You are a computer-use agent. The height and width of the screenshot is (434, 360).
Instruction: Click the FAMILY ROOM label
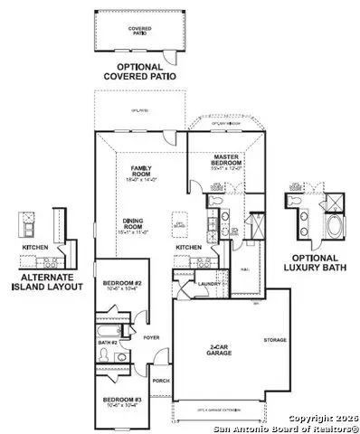140,170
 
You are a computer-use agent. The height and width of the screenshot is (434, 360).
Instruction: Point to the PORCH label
161,381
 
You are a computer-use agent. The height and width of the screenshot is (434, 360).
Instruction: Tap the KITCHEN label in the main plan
187,247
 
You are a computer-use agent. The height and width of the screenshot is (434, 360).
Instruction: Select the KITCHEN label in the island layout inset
34,246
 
